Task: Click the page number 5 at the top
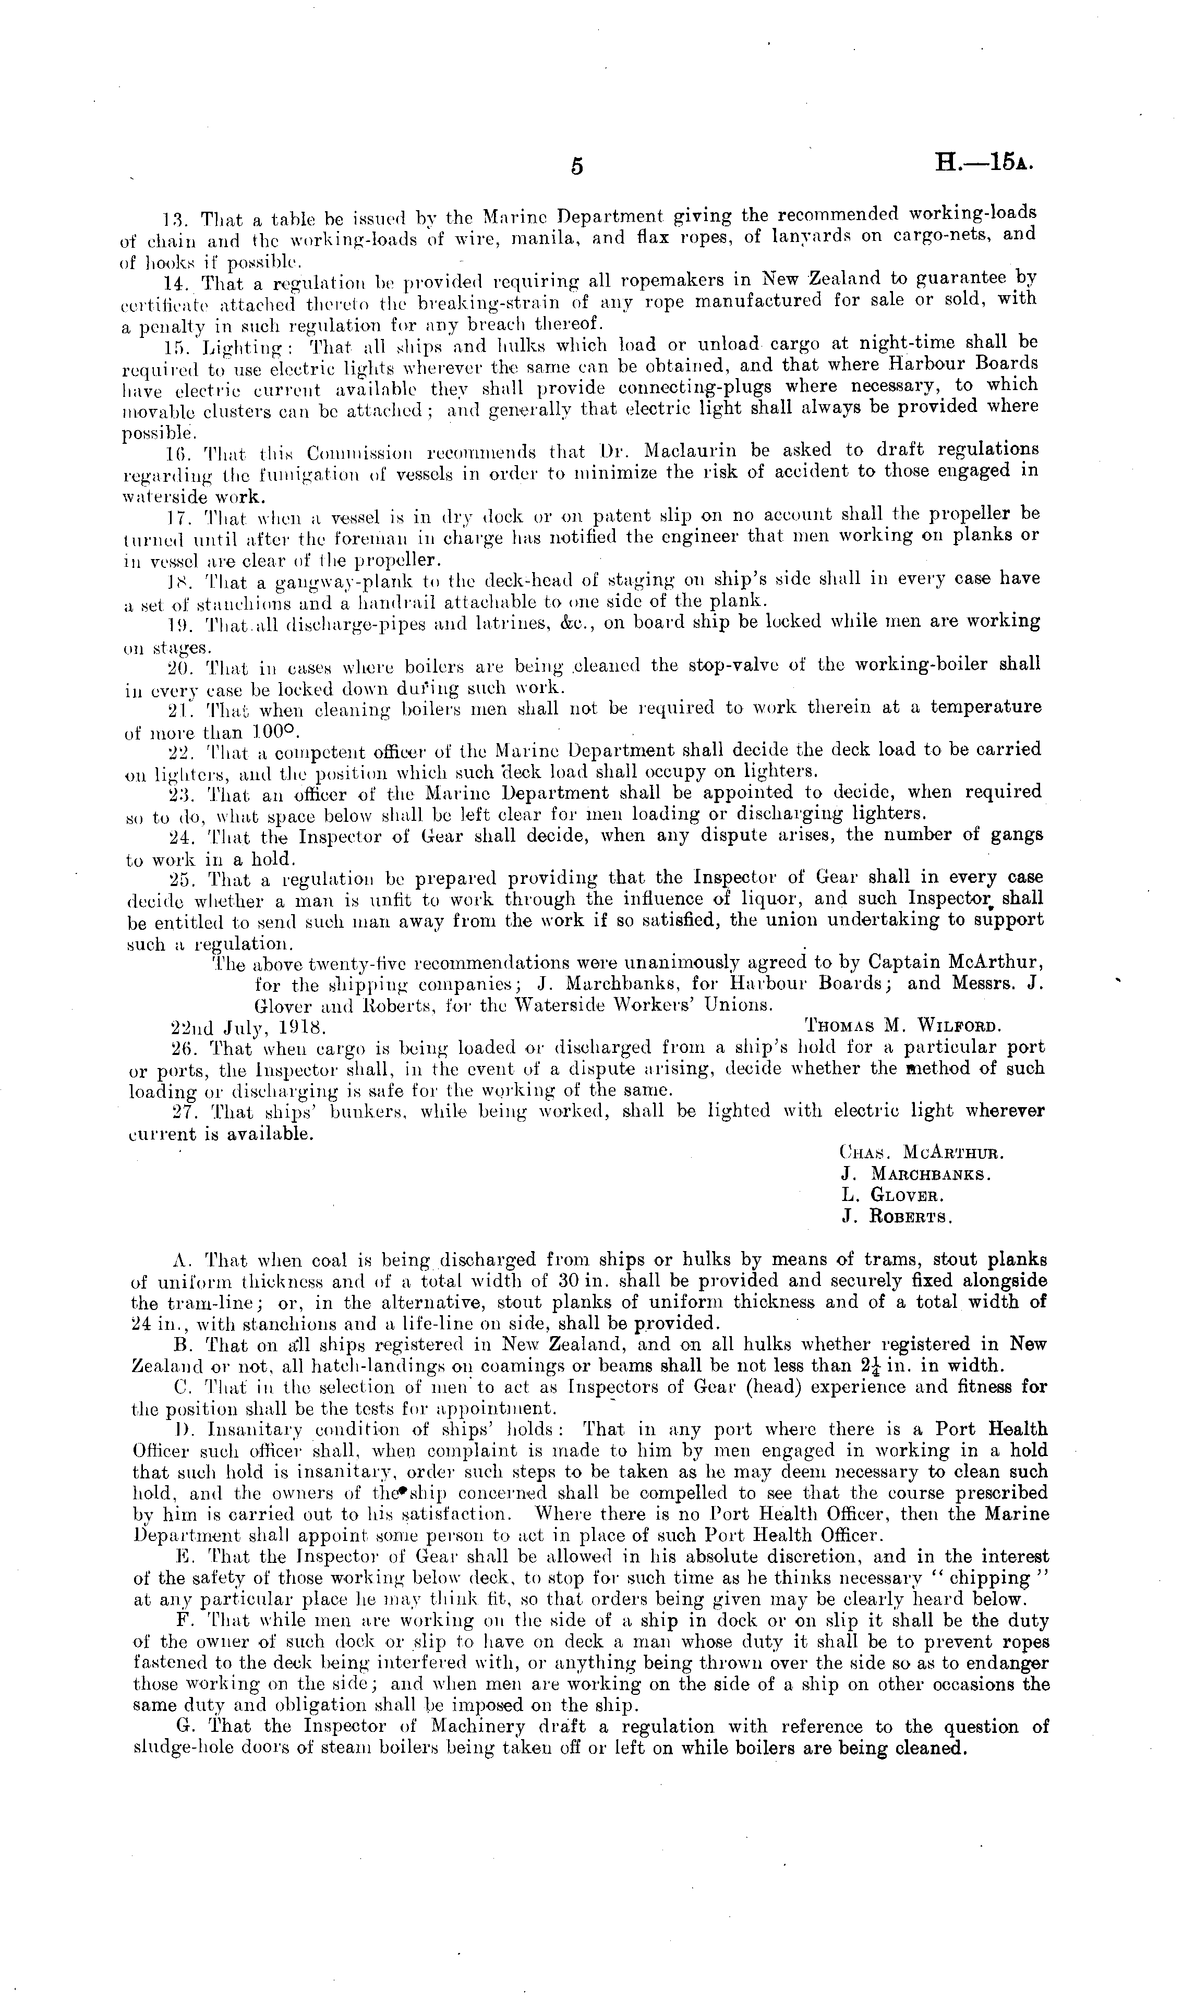(x=576, y=167)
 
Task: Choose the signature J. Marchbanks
(x=915, y=1174)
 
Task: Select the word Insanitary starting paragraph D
(x=244, y=1429)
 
